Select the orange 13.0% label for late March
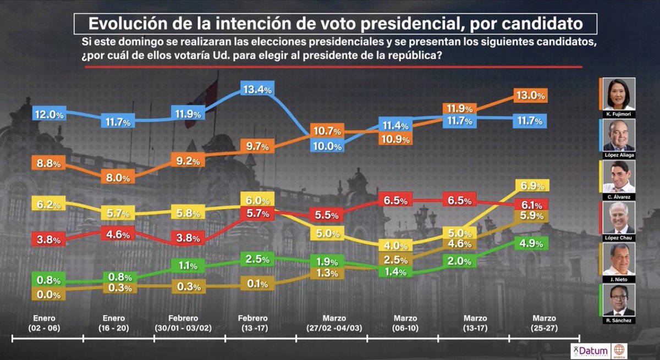pyautogui.click(x=531, y=95)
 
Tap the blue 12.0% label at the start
pyautogui.click(x=50, y=115)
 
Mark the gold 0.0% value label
pyautogui.click(x=50, y=295)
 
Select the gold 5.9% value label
pyautogui.click(x=531, y=216)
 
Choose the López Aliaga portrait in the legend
pyautogui.click(x=617, y=135)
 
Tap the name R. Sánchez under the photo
pyautogui.click(x=617, y=320)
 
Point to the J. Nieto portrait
pyautogui.click(x=617, y=259)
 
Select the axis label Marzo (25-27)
pyautogui.click(x=544, y=323)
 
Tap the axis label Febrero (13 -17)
pyautogui.click(x=253, y=323)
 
